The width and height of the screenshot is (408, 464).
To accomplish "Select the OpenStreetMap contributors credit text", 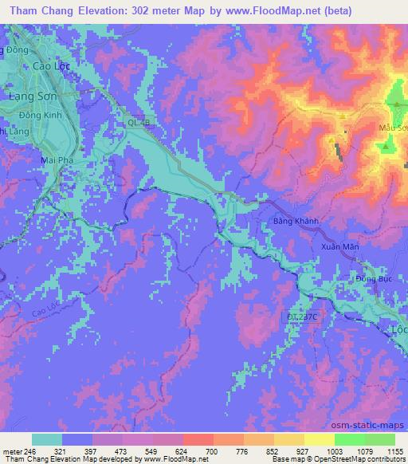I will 356,459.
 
